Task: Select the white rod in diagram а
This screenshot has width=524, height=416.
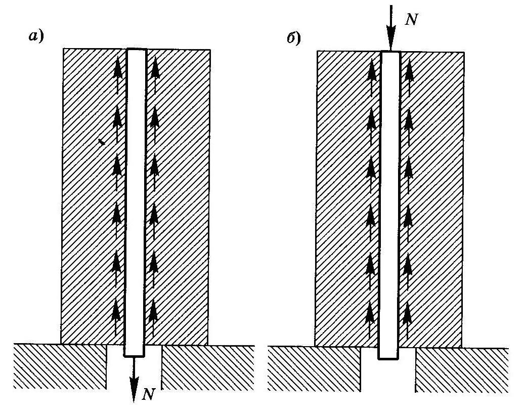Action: pyautogui.click(x=136, y=202)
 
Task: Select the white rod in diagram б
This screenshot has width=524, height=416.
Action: pyautogui.click(x=390, y=202)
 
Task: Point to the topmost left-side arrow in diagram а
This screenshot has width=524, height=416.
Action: pyautogui.click(x=118, y=73)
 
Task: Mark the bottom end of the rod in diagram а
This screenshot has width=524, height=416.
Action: pyautogui.click(x=135, y=354)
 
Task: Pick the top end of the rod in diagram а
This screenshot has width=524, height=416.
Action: pyautogui.click(x=136, y=51)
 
